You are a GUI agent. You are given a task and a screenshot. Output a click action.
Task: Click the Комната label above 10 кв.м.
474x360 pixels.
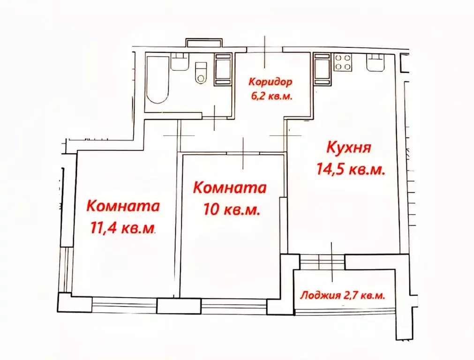230,188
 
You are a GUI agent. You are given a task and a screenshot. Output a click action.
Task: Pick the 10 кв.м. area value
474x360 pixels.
232,210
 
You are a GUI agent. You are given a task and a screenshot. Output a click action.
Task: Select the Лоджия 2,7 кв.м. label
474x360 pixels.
342,295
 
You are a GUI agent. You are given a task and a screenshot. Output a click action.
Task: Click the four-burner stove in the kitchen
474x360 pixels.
343,62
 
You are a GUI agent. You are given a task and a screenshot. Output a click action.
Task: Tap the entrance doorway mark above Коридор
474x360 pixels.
265,51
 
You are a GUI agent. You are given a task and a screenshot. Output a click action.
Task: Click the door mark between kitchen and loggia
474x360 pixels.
331,261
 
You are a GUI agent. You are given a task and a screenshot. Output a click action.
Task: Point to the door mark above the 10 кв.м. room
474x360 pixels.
243,153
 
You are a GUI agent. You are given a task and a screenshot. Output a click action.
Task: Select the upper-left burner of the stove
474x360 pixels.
339,58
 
